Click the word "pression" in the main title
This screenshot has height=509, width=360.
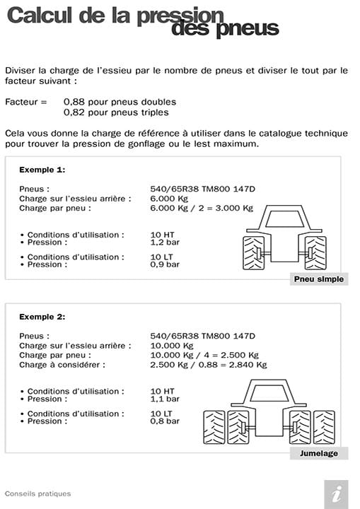(182, 16)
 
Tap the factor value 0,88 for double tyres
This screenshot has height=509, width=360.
(74, 102)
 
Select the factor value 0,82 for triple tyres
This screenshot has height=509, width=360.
(74, 112)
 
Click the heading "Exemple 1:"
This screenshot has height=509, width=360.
(42, 170)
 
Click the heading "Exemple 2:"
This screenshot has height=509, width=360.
(42, 316)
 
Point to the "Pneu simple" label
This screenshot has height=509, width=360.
(318, 279)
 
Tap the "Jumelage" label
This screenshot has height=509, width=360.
(318, 453)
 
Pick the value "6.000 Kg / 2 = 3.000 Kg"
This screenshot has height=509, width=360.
(202, 208)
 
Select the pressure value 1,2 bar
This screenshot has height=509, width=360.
(165, 242)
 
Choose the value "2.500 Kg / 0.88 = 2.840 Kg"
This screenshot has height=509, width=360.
(209, 365)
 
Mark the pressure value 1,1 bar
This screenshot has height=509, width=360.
(165, 399)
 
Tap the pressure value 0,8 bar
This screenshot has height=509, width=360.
(165, 421)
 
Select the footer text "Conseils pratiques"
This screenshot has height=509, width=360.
(37, 493)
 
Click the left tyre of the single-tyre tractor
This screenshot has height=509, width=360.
(253, 252)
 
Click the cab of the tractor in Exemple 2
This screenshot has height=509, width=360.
(268, 392)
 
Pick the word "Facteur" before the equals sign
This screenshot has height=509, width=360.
(21, 102)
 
